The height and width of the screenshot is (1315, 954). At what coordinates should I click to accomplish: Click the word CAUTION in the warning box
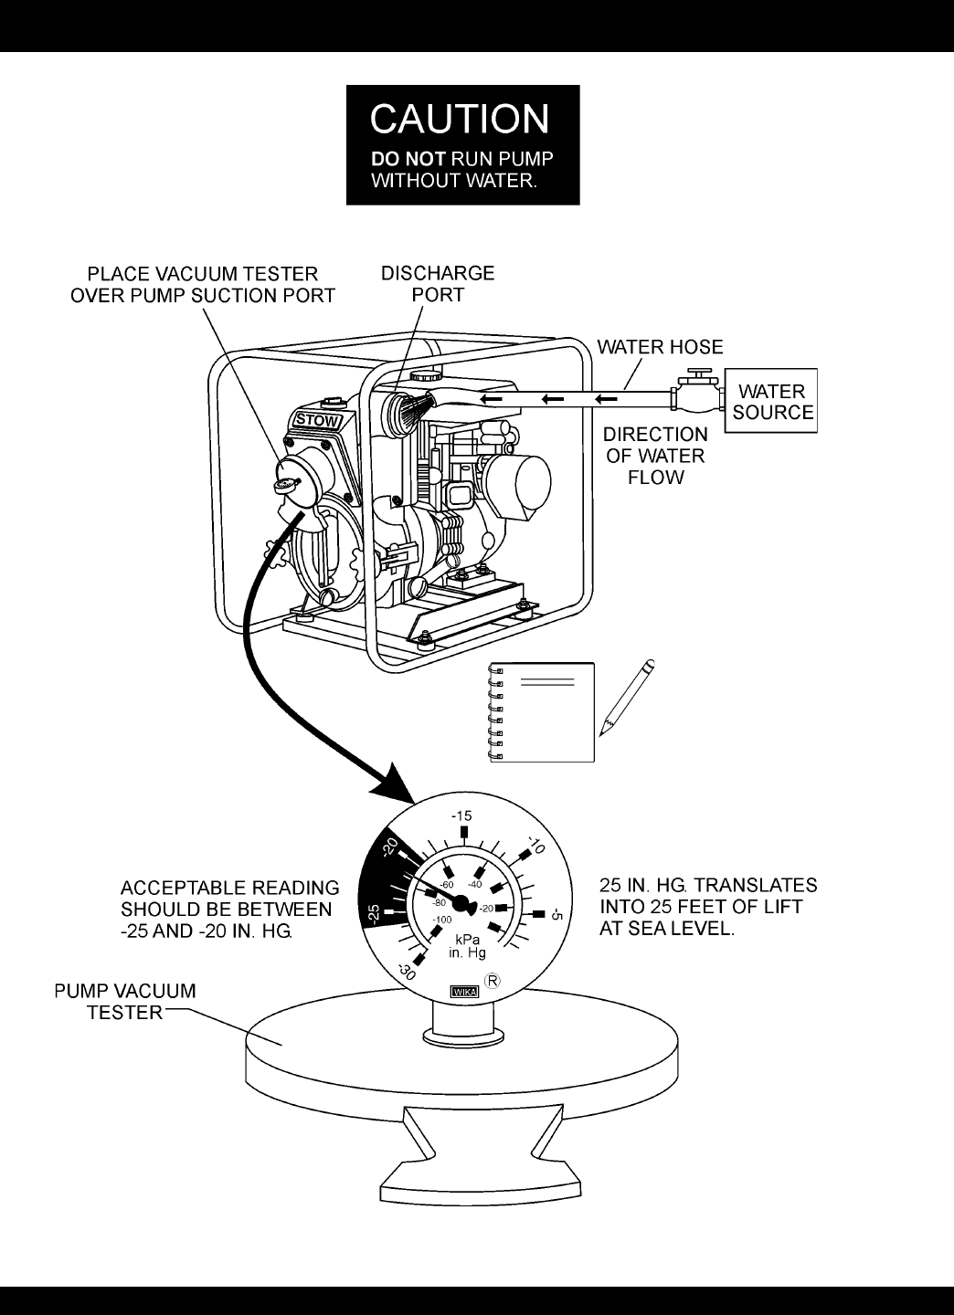(x=460, y=120)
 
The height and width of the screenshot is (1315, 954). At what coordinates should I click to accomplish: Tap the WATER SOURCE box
(x=772, y=401)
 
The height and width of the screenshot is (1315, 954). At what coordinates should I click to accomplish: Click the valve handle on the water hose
(x=700, y=374)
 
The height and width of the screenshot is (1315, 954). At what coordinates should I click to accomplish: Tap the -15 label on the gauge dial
(x=462, y=815)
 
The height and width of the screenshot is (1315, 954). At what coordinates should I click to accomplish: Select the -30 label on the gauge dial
(x=407, y=972)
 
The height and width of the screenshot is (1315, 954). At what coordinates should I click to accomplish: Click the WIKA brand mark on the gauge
(x=464, y=991)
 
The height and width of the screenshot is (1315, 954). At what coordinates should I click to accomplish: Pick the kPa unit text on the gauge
(x=466, y=941)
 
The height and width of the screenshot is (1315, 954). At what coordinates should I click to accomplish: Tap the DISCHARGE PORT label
(x=438, y=284)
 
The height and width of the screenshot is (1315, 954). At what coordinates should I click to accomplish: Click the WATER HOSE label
(x=660, y=347)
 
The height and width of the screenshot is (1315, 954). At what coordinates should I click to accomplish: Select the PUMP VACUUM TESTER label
(x=124, y=1002)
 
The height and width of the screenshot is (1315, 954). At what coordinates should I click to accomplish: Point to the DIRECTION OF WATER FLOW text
(x=655, y=456)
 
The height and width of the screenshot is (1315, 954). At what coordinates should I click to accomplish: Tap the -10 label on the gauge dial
(x=536, y=846)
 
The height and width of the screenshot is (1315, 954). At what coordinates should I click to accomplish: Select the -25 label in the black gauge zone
(x=374, y=911)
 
